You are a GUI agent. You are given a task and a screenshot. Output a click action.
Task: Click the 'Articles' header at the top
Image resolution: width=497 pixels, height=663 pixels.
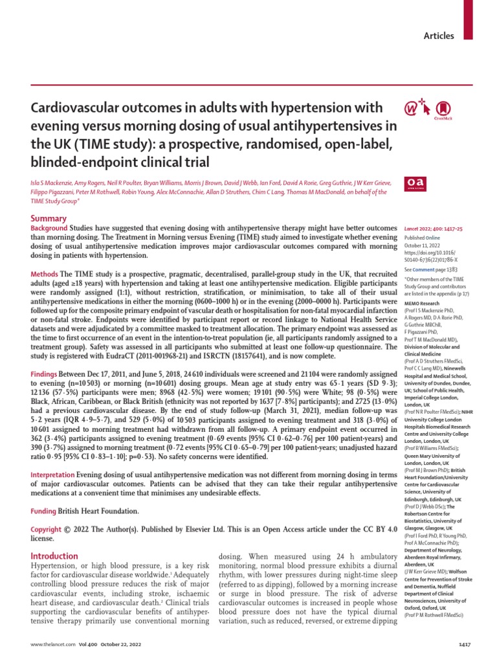tap(439, 36)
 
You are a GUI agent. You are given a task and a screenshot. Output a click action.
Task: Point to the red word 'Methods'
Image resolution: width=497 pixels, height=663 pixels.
tap(45, 275)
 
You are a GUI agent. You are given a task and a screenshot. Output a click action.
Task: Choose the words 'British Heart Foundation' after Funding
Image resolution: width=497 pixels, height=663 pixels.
tap(99, 511)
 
